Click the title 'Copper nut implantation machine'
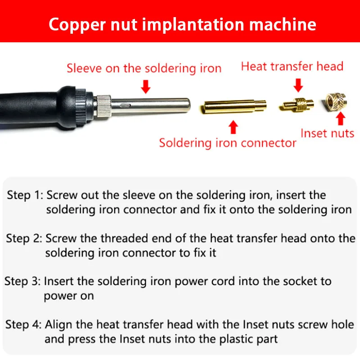coord(182,25)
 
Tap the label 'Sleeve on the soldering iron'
coord(144,68)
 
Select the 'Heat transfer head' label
coord(292,66)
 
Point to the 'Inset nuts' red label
coord(328,133)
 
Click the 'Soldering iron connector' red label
coord(228,143)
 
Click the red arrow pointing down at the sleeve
coord(145,86)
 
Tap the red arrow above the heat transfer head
coord(298,85)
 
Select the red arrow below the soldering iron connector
coord(233,127)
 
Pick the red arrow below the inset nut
coord(341,118)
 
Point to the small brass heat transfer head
coord(297,104)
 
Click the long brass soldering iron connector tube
coord(234,107)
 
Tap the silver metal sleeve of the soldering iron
coord(150,106)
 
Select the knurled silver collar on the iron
coord(103,105)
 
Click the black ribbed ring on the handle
coord(81,107)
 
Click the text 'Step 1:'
coord(25,195)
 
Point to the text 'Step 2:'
coord(24,238)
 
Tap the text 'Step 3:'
coord(22,281)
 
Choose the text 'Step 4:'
coord(23,324)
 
